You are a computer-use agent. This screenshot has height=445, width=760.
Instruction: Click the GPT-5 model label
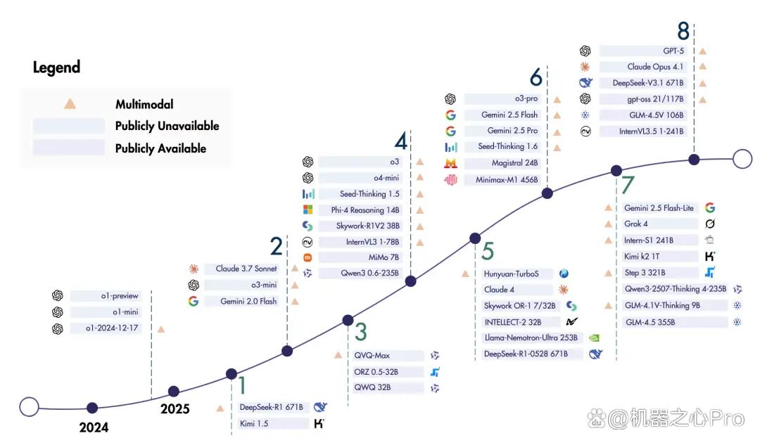click(673, 51)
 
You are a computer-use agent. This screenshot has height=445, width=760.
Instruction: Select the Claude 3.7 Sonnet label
click(246, 269)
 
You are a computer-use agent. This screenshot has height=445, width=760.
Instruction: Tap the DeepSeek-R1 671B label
click(272, 407)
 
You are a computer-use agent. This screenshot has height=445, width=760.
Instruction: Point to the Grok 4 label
click(636, 224)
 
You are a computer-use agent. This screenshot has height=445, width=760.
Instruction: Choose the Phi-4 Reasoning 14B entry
click(365, 210)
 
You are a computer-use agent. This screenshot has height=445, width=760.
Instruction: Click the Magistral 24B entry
click(514, 163)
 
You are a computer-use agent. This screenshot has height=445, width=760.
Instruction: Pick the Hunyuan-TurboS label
click(512, 274)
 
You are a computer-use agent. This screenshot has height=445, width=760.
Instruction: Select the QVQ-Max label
click(372, 356)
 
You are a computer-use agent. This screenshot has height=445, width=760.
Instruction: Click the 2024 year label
click(94, 427)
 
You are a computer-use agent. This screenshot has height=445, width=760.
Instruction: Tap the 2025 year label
click(175, 409)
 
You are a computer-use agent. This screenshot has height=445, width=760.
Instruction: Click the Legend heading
click(57, 67)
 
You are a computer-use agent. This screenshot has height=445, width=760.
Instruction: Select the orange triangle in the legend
click(70, 103)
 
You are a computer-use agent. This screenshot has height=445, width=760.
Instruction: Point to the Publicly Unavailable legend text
click(167, 126)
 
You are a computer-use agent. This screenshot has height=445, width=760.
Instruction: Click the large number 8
click(683, 32)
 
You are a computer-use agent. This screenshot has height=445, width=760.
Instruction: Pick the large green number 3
click(361, 333)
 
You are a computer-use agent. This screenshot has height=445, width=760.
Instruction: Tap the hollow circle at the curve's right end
click(742, 158)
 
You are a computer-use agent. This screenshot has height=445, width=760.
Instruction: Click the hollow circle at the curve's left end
click(29, 407)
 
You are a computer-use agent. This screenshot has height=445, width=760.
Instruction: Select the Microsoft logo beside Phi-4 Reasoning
click(308, 209)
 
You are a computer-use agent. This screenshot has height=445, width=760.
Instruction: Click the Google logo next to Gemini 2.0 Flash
click(194, 301)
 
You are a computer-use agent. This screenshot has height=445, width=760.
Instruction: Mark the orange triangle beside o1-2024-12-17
click(161, 329)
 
